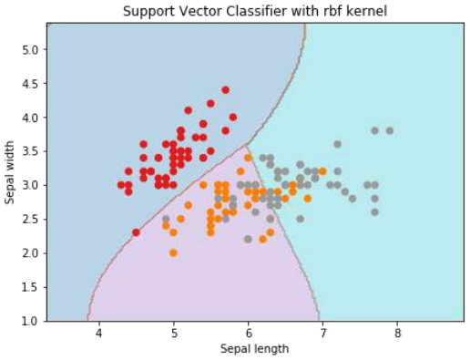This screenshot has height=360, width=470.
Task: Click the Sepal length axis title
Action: (x=256, y=349)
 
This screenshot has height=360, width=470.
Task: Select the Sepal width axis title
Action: (x=10, y=172)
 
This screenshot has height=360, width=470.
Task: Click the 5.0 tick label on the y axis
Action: (x=29, y=49)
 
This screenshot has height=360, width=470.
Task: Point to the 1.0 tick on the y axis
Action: (x=29, y=321)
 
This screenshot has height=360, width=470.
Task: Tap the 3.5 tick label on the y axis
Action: (x=29, y=151)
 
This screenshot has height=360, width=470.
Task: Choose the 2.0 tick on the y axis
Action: (x=29, y=252)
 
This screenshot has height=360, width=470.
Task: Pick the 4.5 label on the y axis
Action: (x=29, y=83)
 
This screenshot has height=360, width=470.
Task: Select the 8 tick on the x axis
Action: (x=397, y=334)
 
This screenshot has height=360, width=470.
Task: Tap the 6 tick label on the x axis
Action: (x=248, y=334)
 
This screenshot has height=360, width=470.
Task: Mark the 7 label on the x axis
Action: (x=322, y=334)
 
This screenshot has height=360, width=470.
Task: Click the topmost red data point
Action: (x=226, y=90)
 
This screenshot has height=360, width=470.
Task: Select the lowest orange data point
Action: (x=173, y=252)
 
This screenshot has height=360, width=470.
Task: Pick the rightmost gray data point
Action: (x=390, y=131)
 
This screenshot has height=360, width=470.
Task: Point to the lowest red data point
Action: (x=136, y=232)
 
